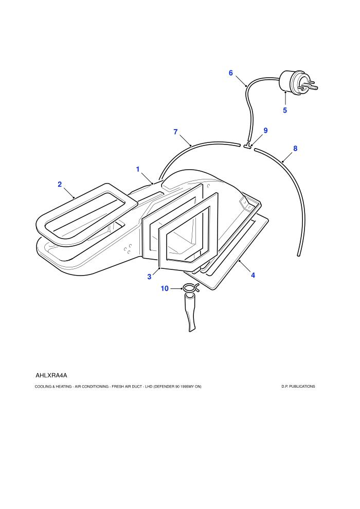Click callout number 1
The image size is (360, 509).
[138, 169]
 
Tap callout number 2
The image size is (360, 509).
[60, 185]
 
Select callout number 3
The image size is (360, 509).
[149, 277]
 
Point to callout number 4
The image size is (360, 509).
[253, 275]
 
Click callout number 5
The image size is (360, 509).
[285, 111]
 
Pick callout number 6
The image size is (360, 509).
[231, 72]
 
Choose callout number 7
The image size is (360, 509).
[175, 132]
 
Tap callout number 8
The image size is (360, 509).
[295, 149]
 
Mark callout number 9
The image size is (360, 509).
[265, 131]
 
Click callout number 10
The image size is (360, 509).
[165, 288]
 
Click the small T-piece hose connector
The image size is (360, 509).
[248, 146]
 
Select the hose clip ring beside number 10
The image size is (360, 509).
[191, 287]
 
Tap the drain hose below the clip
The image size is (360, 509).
[191, 312]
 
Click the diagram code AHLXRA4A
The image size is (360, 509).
[51, 376]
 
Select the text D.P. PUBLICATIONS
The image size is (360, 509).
[298, 386]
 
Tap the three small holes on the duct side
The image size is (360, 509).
[128, 248]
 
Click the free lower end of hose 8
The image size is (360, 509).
[298, 254]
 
